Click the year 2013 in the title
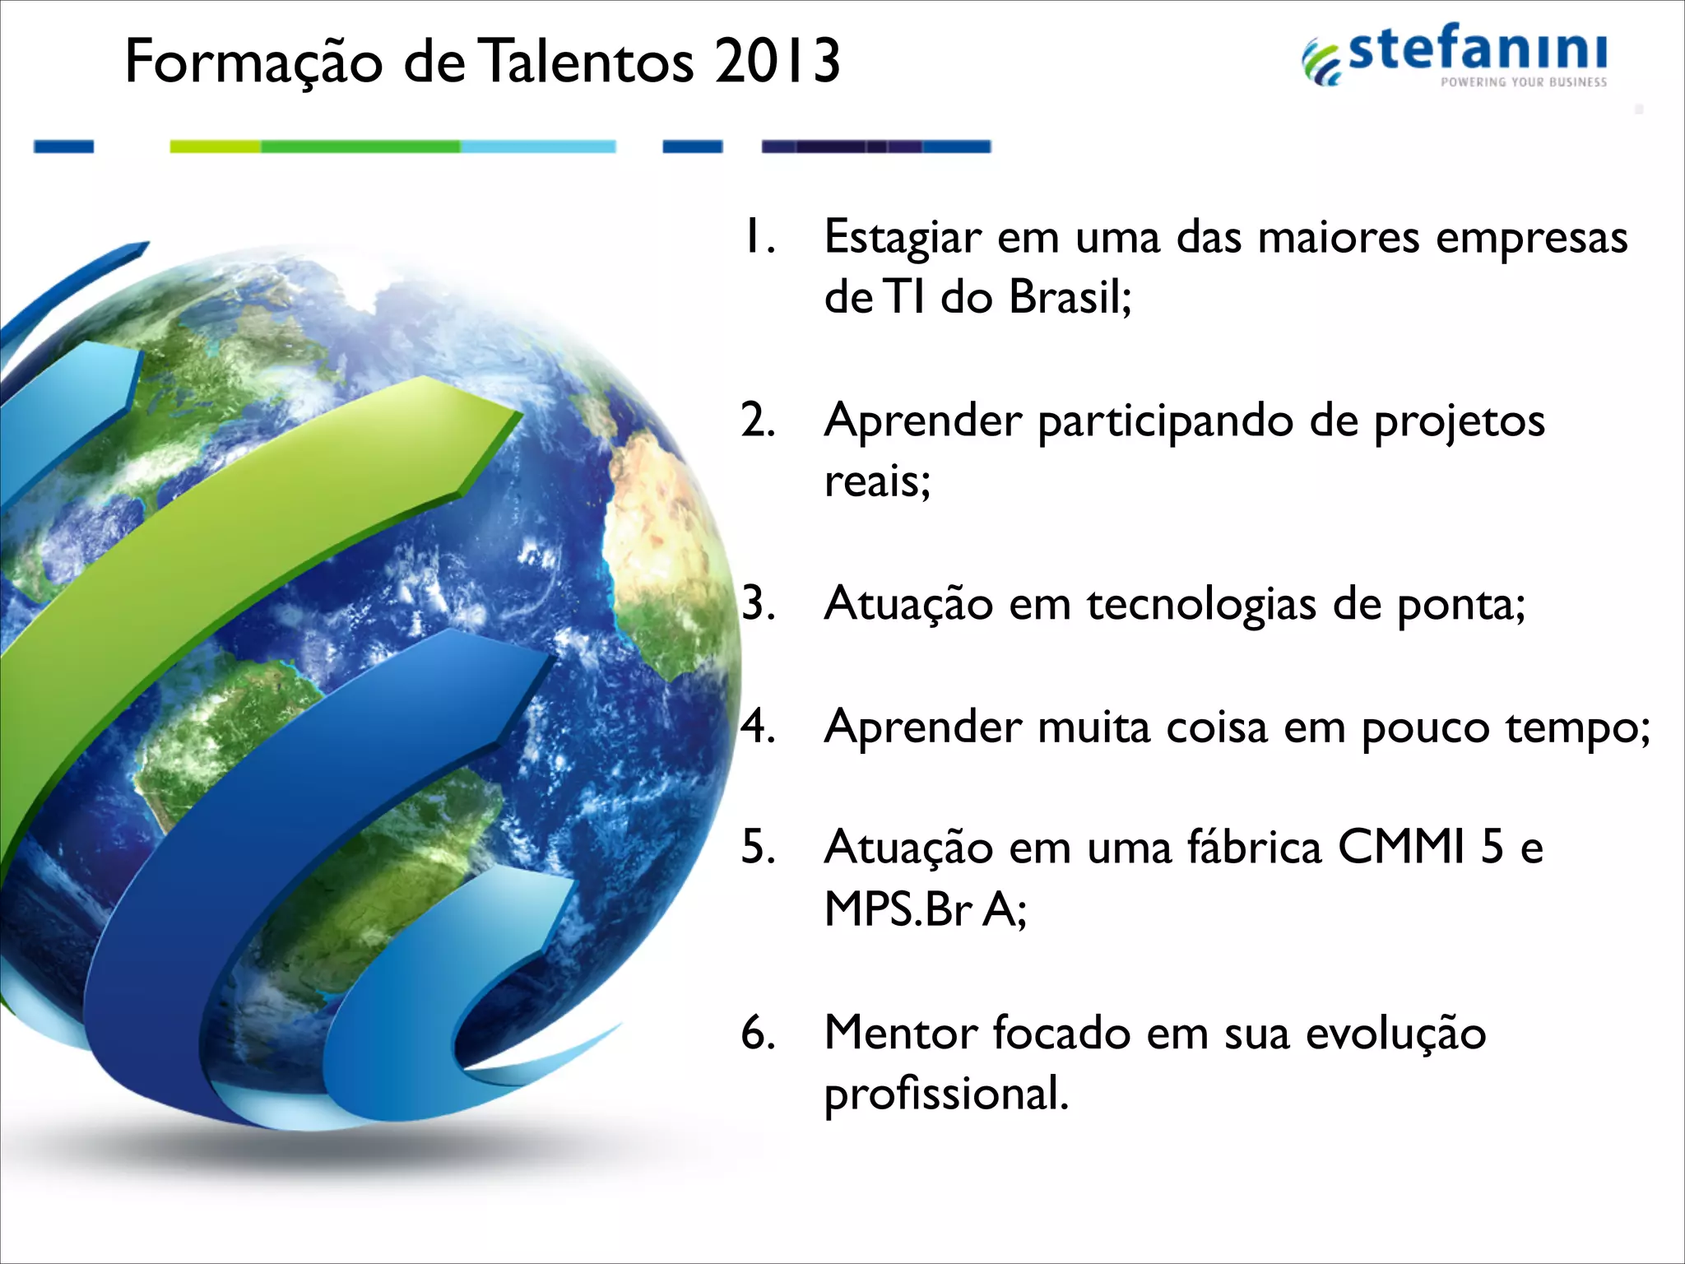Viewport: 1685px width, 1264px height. [x=777, y=62]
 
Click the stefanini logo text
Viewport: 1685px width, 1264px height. [x=1477, y=49]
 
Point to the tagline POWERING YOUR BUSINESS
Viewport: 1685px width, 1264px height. [x=1523, y=82]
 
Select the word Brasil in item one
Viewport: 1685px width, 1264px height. [x=1070, y=297]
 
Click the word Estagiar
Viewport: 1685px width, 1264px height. [x=903, y=239]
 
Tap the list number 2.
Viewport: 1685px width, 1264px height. [x=757, y=421]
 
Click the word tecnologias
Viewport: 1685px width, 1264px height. [x=1201, y=605]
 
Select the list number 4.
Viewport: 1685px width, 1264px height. [x=757, y=727]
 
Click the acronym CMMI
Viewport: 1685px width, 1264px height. [x=1401, y=848]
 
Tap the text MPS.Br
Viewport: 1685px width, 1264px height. [x=899, y=910]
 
